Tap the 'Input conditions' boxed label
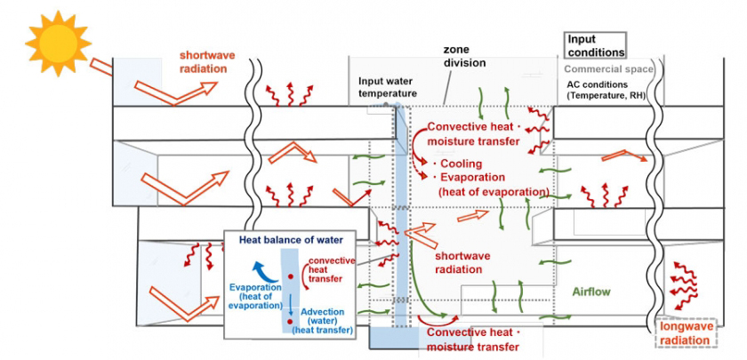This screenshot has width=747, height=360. pyautogui.click(x=596, y=45)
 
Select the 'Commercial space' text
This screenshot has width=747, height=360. pyautogui.click(x=609, y=69)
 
